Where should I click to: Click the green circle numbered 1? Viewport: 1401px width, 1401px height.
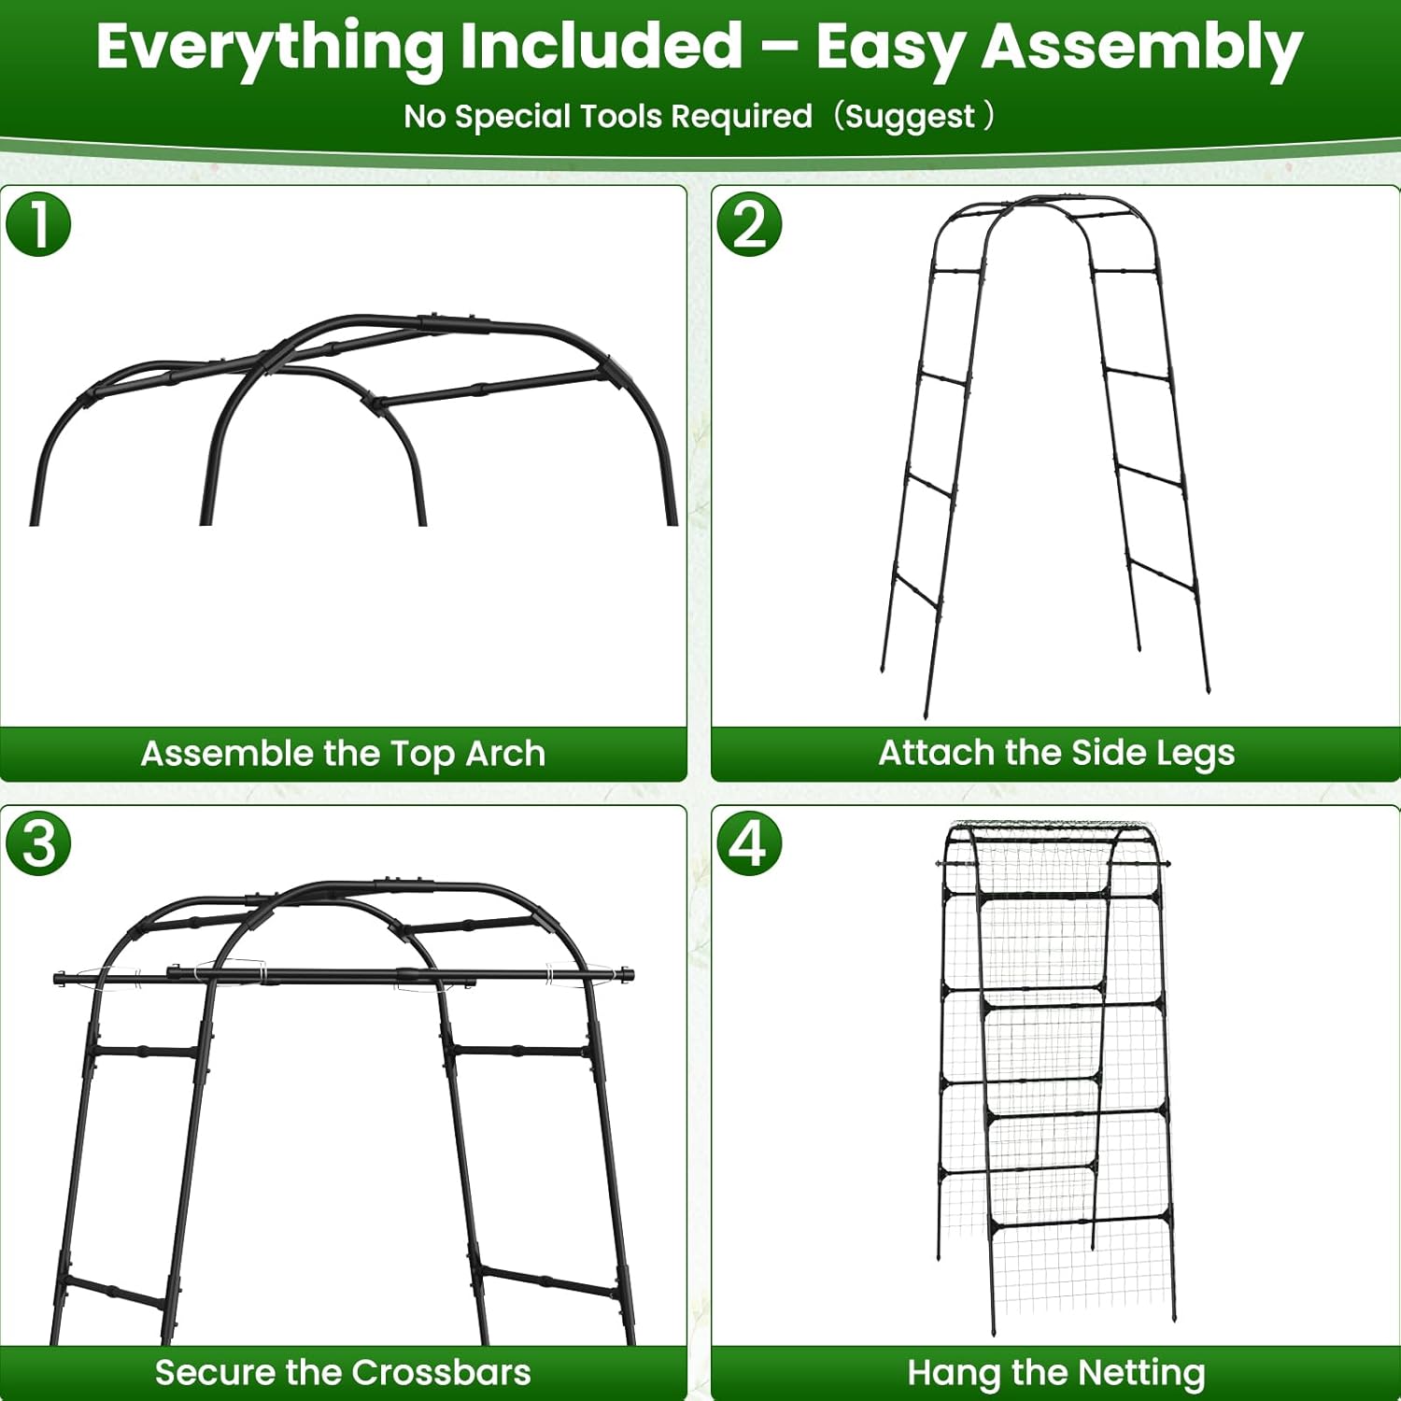(x=38, y=224)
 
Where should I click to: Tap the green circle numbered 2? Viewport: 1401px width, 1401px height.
(x=749, y=224)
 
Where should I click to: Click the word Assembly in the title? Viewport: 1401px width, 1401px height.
(x=1141, y=47)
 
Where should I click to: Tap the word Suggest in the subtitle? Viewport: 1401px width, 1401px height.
(x=910, y=117)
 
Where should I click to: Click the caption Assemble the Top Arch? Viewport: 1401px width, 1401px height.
(x=343, y=753)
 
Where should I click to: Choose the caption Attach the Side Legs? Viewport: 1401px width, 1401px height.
(x=1055, y=753)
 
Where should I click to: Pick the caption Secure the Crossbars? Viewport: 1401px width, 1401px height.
(x=343, y=1372)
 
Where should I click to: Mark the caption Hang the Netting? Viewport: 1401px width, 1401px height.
(x=1055, y=1372)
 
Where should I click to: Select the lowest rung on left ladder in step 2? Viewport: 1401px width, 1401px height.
(x=915, y=592)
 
